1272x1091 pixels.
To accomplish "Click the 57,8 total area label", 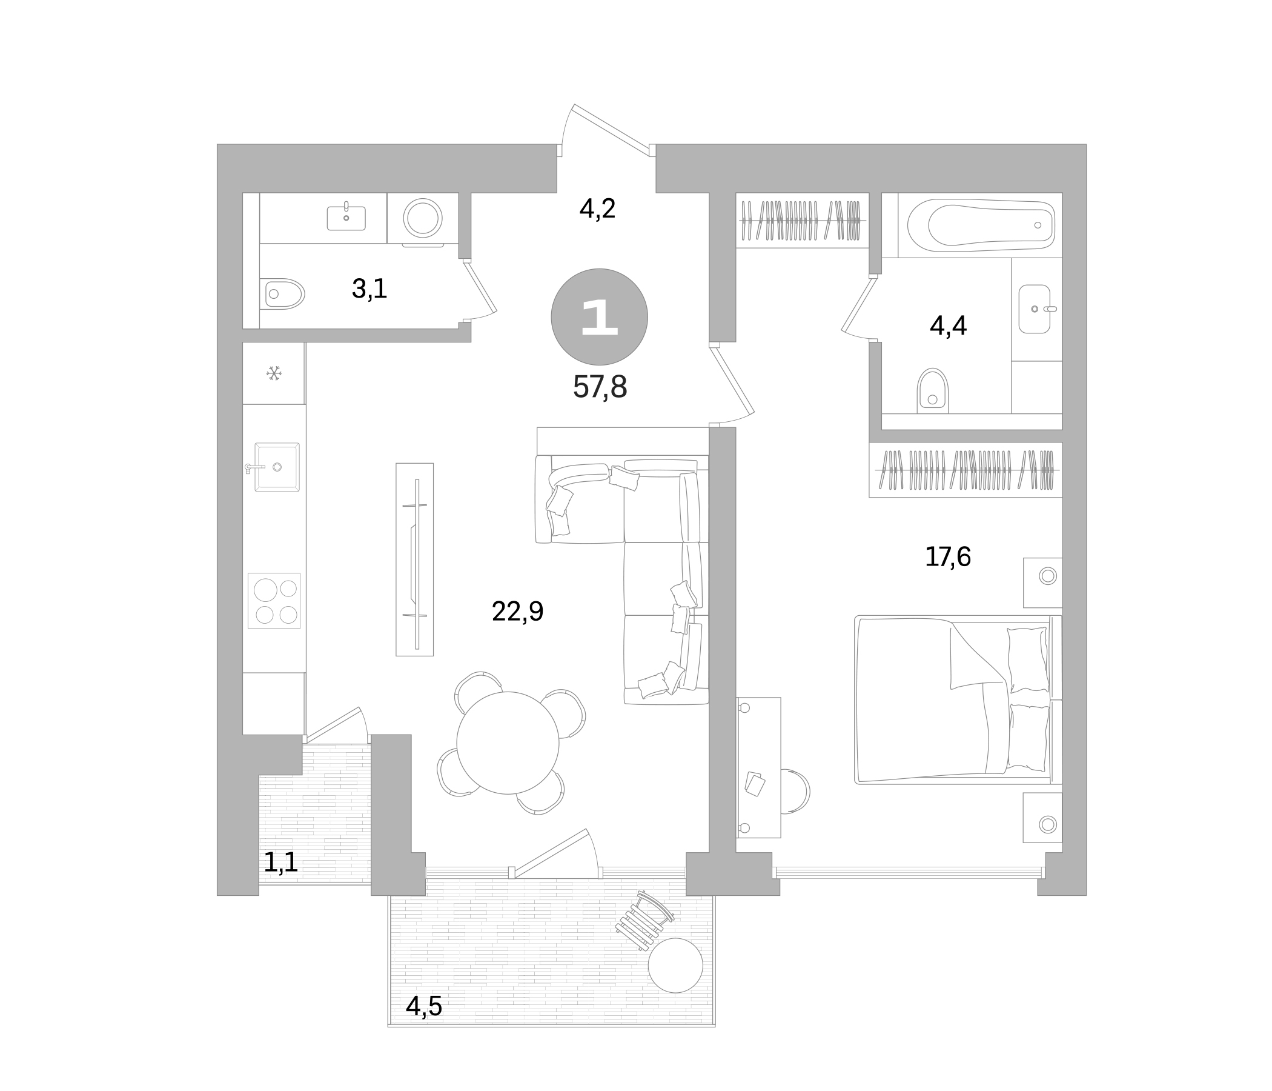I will (x=600, y=388).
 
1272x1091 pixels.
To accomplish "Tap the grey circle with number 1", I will (x=599, y=317).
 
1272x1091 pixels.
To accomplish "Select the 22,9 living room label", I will (x=517, y=612).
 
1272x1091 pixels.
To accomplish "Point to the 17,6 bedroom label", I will (x=947, y=557).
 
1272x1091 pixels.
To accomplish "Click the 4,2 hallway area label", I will (x=597, y=210).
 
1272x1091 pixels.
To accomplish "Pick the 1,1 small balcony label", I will (x=280, y=863).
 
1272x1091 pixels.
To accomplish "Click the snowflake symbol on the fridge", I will (x=274, y=373).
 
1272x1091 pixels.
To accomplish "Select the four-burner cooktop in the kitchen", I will (x=274, y=601).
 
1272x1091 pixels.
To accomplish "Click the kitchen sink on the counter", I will (x=277, y=467).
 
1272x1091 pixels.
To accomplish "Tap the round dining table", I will (x=508, y=742).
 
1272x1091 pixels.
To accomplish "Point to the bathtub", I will (x=981, y=225).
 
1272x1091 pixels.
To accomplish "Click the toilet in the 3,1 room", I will (x=283, y=293).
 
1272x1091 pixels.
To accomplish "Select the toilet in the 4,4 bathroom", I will (x=933, y=392).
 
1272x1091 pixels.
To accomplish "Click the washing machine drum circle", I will (x=422, y=218).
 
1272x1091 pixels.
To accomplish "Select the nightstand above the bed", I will (x=1042, y=582).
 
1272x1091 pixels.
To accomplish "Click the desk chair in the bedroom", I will (x=797, y=791).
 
